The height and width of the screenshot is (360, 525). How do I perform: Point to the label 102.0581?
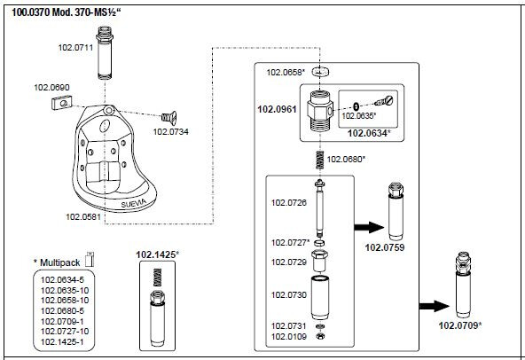pyautogui.click(x=83, y=215)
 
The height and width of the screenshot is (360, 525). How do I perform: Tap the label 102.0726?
pyautogui.click(x=287, y=203)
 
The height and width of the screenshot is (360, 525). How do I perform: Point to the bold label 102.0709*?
pyautogui.click(x=461, y=325)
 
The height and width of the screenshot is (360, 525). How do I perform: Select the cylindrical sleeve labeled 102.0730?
pyautogui.click(x=323, y=294)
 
